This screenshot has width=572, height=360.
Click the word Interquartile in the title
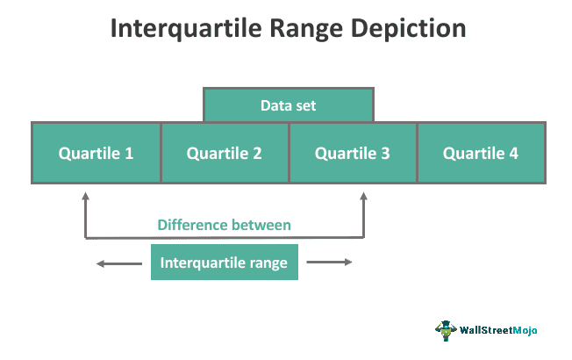[x=186, y=28]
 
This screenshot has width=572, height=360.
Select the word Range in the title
[x=306, y=29]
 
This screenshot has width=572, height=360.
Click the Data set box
[x=289, y=104]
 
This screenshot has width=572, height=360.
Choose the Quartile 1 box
[x=97, y=153]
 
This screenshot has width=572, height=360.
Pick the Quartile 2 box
[x=225, y=153]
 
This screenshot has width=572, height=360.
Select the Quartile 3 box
[x=353, y=153]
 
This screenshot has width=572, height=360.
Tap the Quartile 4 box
[x=482, y=153]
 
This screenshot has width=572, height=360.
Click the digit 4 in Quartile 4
[x=513, y=154]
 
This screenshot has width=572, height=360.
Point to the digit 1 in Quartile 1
[x=129, y=154]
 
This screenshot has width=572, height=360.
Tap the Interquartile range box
[x=225, y=263]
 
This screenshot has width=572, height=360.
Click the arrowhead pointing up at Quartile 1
[x=85, y=197]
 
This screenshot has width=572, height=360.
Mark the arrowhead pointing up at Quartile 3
[x=363, y=197]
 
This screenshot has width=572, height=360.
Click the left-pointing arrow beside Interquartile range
[x=119, y=263]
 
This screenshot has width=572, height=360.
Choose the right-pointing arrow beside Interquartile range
[x=329, y=262]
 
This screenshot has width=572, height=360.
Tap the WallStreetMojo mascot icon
[x=446, y=330]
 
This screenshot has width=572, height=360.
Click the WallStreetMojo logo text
[x=498, y=330]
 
